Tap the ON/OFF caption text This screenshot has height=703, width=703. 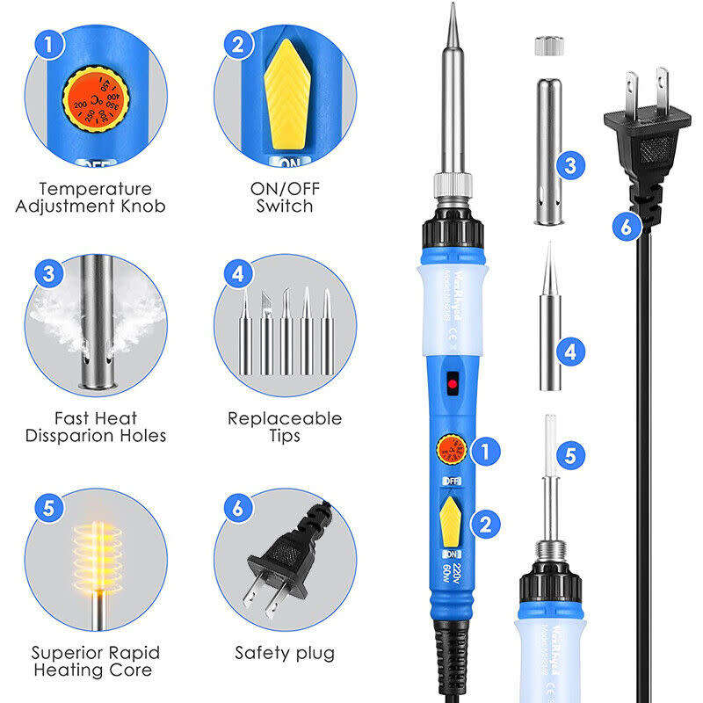(284, 189)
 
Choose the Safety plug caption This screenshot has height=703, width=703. (284, 653)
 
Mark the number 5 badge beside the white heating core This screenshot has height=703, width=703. (570, 455)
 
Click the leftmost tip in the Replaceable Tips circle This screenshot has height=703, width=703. (245, 335)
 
